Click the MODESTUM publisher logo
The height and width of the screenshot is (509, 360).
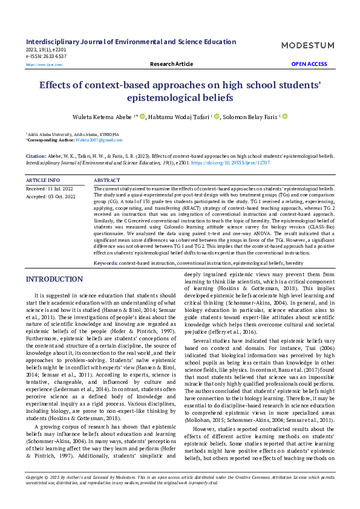click(307, 45)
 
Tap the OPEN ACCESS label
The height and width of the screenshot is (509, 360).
click(309, 63)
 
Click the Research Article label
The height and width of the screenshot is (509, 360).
click(171, 63)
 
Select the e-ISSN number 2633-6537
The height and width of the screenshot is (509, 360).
click(51, 56)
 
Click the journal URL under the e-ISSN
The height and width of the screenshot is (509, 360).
click(44, 64)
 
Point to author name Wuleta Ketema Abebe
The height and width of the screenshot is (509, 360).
click(100, 117)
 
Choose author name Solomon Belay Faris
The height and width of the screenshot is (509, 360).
click(249, 117)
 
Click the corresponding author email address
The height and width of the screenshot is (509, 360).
click(91, 140)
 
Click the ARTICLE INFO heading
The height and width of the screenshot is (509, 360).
click(43, 180)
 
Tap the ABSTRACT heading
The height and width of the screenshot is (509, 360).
click(107, 180)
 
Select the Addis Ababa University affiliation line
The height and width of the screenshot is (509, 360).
click(73, 134)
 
